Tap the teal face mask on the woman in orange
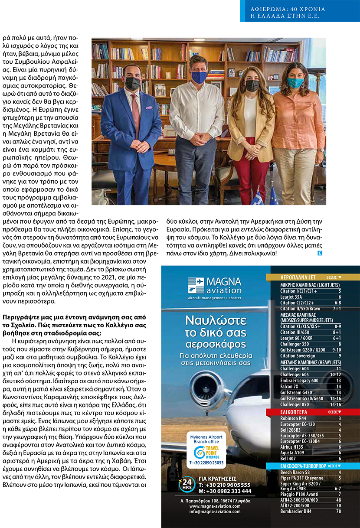[x=295, y=82]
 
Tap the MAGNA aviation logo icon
[x=196, y=286]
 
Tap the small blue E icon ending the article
[x=319, y=253]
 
